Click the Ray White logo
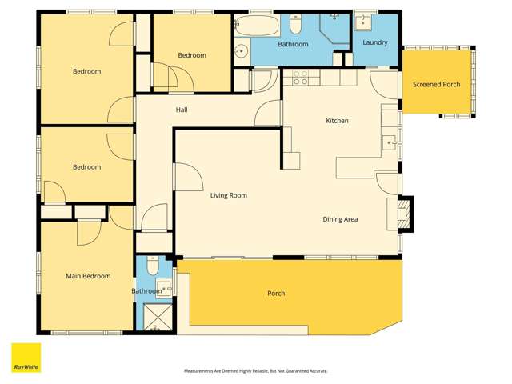pos(26,358)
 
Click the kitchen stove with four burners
pos(301,78)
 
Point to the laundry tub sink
pos(366,22)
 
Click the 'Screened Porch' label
pos(437,85)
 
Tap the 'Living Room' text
pos(228,195)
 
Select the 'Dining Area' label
pos(340,219)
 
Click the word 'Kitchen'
pos(337,121)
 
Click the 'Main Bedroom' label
pos(87,276)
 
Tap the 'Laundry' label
pos(375,42)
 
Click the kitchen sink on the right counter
pos(390,143)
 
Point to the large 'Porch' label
pos(275,294)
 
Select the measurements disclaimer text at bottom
pos(255,371)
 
